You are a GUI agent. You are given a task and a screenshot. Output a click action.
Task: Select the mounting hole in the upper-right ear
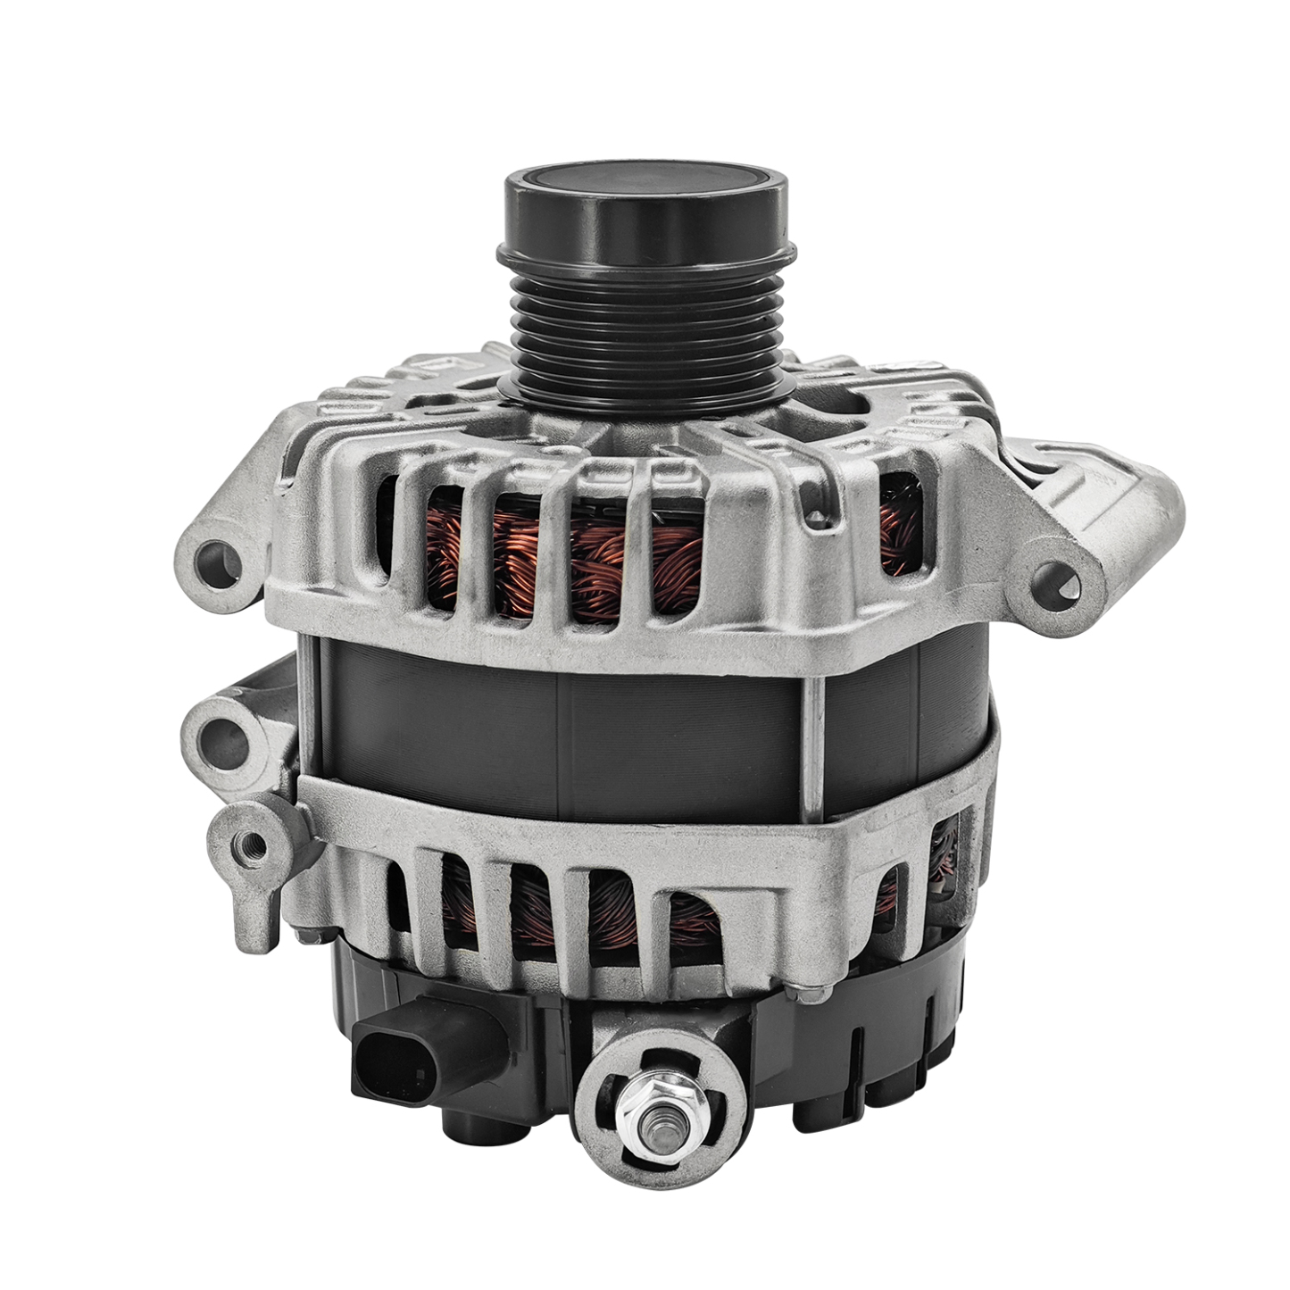pos(1060,585)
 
